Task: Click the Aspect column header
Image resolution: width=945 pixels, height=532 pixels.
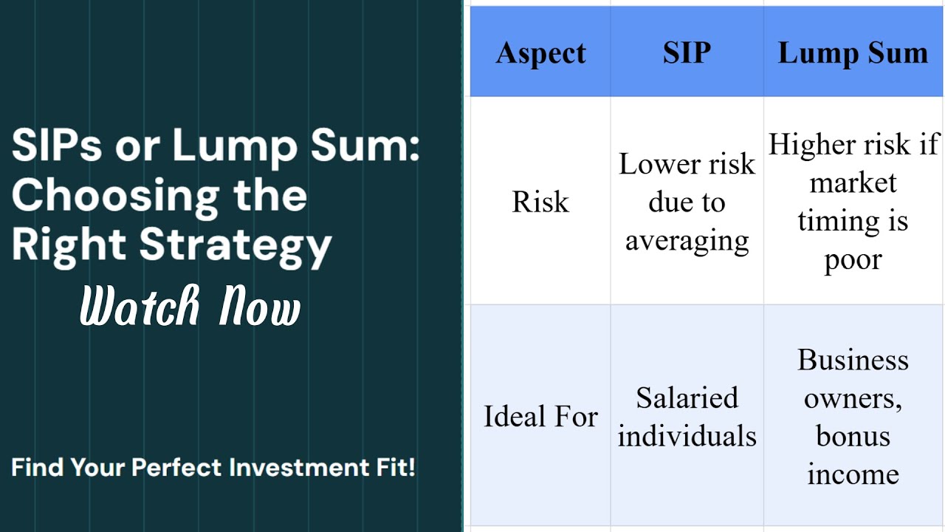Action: (x=540, y=53)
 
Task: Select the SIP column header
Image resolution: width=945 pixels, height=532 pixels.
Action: (x=687, y=53)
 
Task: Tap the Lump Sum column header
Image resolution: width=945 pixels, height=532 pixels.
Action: (x=853, y=53)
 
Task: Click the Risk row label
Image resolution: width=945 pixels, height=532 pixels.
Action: (x=540, y=202)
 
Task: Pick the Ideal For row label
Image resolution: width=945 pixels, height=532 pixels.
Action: (x=540, y=417)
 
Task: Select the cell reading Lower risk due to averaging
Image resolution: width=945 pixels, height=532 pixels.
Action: (x=687, y=202)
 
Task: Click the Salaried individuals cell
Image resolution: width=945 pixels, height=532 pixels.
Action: (x=687, y=417)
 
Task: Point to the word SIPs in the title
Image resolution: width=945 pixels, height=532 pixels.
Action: (x=56, y=146)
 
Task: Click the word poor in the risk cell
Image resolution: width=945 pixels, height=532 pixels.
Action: (x=853, y=260)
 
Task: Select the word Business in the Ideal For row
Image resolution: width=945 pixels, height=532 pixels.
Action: (x=853, y=360)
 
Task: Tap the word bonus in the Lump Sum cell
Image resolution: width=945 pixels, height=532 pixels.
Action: (x=853, y=436)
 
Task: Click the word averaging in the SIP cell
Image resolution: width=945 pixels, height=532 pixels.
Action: (x=687, y=241)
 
